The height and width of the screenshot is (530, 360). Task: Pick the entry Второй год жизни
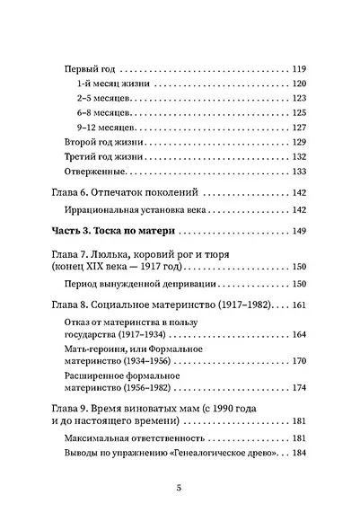coord(105,143)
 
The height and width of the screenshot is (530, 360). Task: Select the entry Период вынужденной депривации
coord(137,284)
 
